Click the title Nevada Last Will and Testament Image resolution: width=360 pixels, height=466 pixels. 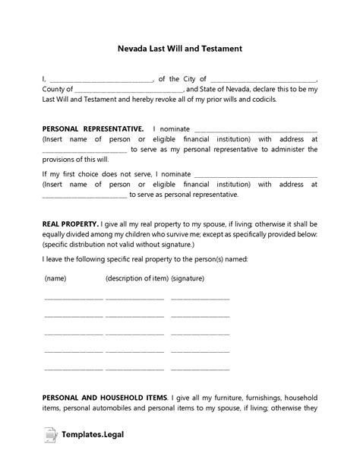[180, 48]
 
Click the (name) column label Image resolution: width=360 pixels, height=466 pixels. [55, 278]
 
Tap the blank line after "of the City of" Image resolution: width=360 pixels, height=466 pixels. [263, 79]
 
